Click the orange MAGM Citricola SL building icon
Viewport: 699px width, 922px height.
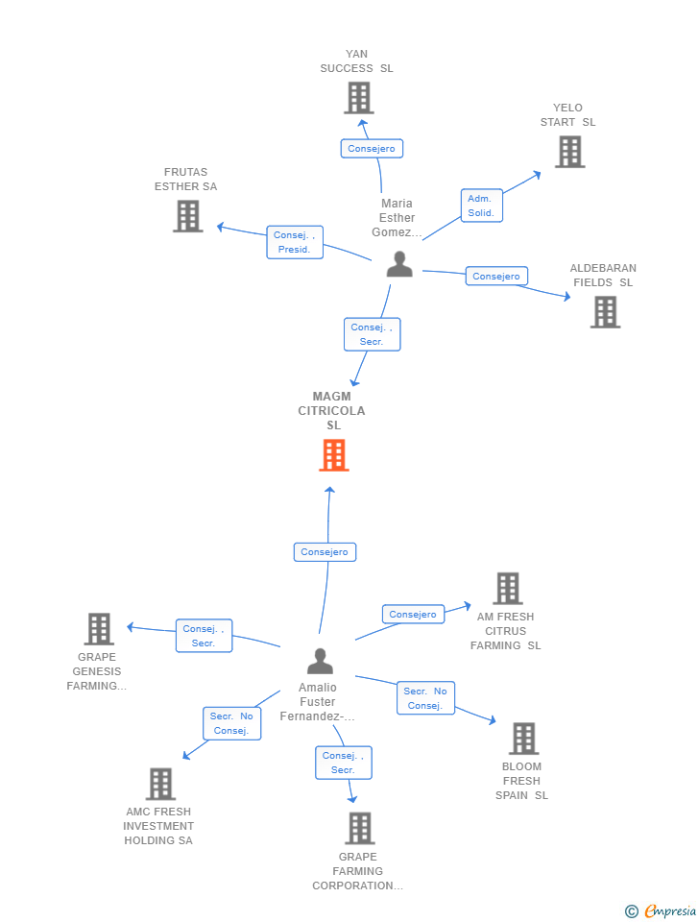click(333, 455)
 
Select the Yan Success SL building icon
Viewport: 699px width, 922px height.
click(358, 98)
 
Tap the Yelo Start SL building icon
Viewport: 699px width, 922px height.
click(569, 152)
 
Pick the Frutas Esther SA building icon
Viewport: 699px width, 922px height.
click(188, 216)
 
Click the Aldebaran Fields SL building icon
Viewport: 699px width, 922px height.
click(605, 312)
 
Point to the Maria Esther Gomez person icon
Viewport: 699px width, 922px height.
click(399, 265)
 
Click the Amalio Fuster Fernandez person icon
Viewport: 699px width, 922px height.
click(320, 661)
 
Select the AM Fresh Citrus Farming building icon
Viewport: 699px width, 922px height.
click(507, 589)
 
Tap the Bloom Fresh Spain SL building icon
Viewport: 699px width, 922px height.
click(523, 739)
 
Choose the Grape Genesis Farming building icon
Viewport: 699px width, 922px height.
click(99, 629)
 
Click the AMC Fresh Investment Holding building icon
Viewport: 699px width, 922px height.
click(160, 784)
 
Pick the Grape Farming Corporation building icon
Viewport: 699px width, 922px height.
click(359, 828)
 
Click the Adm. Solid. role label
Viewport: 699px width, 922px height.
click(481, 206)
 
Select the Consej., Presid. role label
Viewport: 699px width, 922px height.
click(295, 242)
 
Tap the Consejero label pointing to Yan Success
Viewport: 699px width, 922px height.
click(372, 149)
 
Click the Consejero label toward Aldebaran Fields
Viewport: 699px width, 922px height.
click(496, 277)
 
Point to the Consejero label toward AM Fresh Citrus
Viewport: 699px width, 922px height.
click(413, 615)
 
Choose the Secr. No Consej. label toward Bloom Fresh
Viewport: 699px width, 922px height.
click(425, 698)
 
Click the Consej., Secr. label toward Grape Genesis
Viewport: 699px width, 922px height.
click(204, 636)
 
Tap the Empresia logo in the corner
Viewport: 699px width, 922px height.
click(662, 910)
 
